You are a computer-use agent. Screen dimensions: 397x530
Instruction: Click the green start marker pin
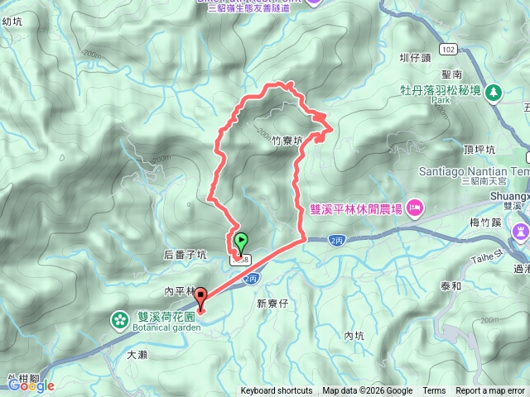[x=241, y=242]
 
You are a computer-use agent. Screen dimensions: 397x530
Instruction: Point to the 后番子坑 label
[x=186, y=256]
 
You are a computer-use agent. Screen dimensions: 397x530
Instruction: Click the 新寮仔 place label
[x=271, y=304]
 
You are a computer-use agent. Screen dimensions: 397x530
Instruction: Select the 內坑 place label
[x=354, y=336]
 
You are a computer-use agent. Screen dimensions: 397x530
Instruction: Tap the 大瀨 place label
[x=137, y=354]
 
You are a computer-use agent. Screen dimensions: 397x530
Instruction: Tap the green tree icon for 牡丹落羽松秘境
[x=494, y=91]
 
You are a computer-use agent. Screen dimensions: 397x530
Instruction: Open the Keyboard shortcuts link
[x=277, y=391]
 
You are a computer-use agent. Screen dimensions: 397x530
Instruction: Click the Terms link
[x=434, y=391]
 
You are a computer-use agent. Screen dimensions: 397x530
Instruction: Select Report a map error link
[x=490, y=391]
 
